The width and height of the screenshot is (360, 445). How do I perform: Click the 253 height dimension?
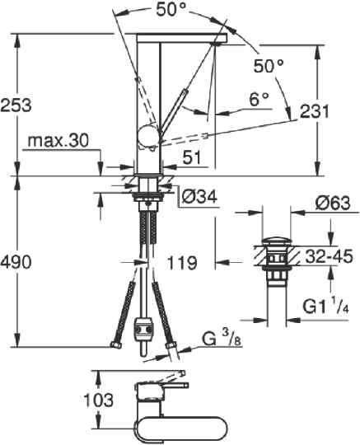coord(17,105)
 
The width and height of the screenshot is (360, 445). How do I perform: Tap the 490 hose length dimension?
coord(17,262)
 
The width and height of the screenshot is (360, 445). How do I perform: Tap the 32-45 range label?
coord(329,257)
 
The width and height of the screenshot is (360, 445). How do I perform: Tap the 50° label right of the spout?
coord(269,64)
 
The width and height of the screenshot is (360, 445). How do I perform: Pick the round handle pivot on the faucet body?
coord(148,138)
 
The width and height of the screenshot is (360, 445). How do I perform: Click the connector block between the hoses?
coord(144,330)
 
